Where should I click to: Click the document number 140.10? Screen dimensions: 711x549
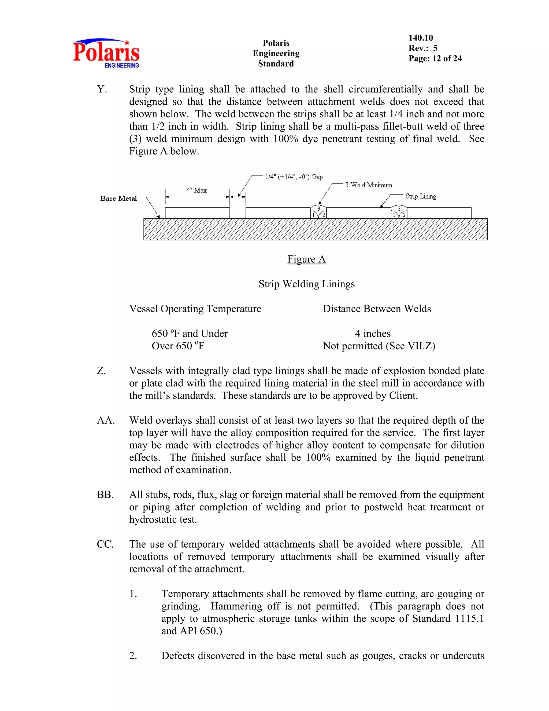[x=421, y=38]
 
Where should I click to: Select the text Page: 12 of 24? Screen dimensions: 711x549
[x=435, y=58]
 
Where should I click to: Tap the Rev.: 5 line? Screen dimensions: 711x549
[x=423, y=48]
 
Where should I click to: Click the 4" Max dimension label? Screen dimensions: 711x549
[x=196, y=190]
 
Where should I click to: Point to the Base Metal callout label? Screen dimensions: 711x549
[x=118, y=199]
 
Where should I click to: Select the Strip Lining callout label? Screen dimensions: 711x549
[x=420, y=196]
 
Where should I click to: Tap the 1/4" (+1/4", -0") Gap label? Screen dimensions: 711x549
[x=294, y=177]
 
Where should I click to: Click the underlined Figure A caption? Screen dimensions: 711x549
[x=306, y=259]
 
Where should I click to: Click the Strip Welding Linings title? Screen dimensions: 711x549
[x=306, y=284]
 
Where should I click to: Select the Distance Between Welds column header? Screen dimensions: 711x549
[x=377, y=309]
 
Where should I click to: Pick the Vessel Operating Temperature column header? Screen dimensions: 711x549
[x=195, y=309]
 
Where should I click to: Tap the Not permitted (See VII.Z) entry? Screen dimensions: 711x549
[x=379, y=346]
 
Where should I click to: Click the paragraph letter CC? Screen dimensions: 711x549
[x=105, y=544]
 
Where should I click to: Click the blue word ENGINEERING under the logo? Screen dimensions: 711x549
[x=122, y=65]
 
